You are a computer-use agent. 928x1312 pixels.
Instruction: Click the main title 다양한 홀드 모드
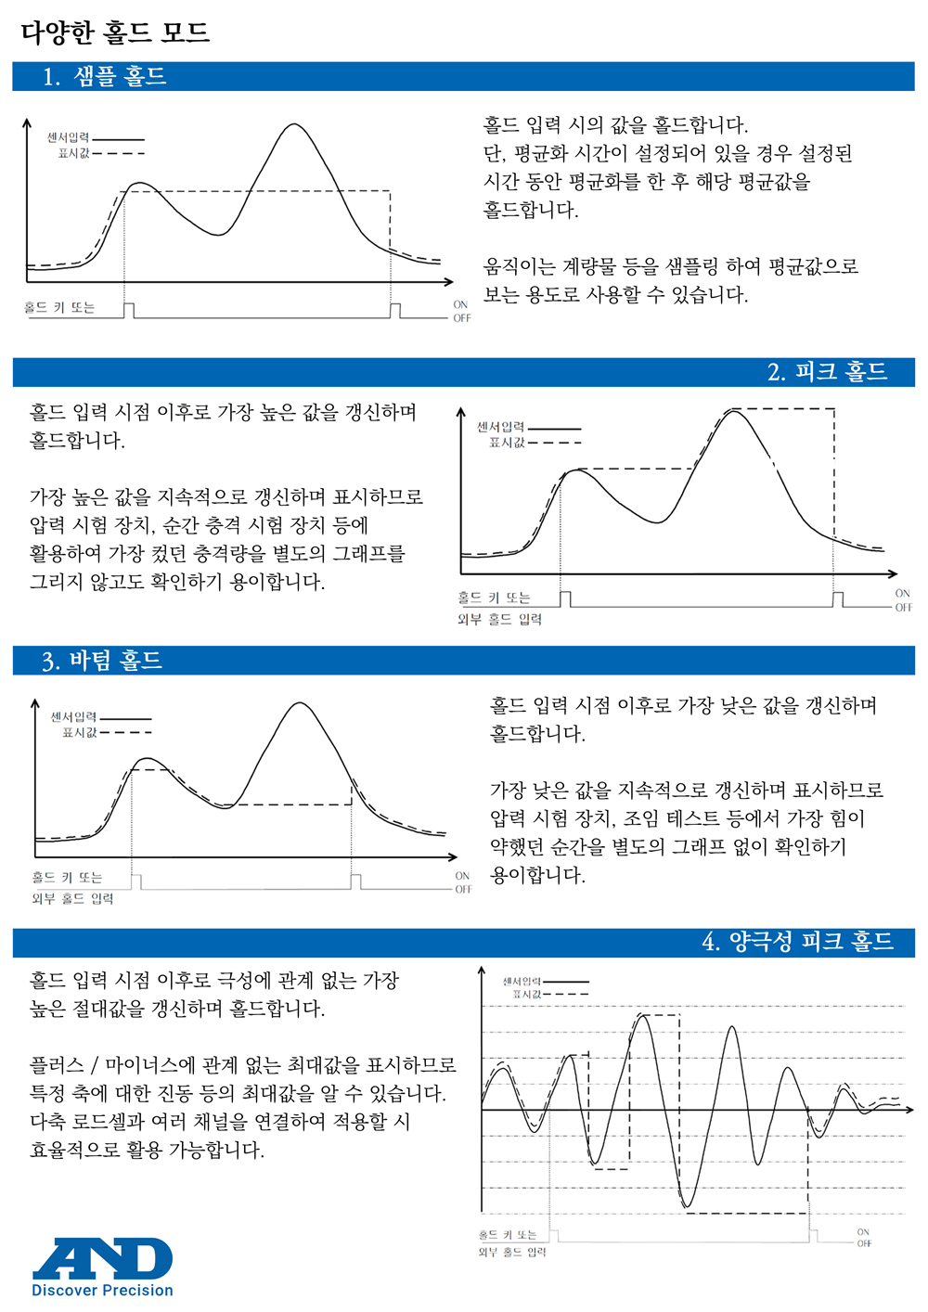click(x=115, y=32)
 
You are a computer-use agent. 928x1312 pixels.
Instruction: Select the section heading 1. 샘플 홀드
click(x=105, y=76)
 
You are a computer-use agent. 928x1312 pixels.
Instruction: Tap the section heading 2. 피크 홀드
click(x=827, y=372)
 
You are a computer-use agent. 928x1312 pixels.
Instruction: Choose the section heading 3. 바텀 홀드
click(x=102, y=661)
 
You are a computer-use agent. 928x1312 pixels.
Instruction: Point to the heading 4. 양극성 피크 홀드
click(x=797, y=942)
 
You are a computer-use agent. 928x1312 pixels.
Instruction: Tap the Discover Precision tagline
click(x=102, y=1291)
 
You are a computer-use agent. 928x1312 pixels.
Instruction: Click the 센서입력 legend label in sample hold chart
click(x=69, y=138)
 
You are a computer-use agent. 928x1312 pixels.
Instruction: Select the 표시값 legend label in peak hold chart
click(x=507, y=443)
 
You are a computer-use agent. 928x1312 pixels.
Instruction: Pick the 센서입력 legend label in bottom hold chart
click(x=73, y=717)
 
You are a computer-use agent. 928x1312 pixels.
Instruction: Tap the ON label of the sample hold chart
click(x=460, y=304)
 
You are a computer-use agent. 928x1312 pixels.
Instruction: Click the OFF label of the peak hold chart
click(x=903, y=608)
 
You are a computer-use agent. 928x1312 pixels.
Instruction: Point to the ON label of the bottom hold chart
click(x=462, y=876)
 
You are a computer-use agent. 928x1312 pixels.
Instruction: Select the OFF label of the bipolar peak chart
click(x=864, y=1243)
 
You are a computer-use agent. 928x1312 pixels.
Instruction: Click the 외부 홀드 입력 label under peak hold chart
click(x=499, y=619)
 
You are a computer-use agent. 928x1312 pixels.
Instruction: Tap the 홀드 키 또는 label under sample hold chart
click(x=59, y=308)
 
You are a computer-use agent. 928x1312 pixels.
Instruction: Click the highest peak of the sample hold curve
click(x=294, y=124)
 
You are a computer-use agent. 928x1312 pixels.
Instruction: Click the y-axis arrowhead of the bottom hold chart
click(x=35, y=703)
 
